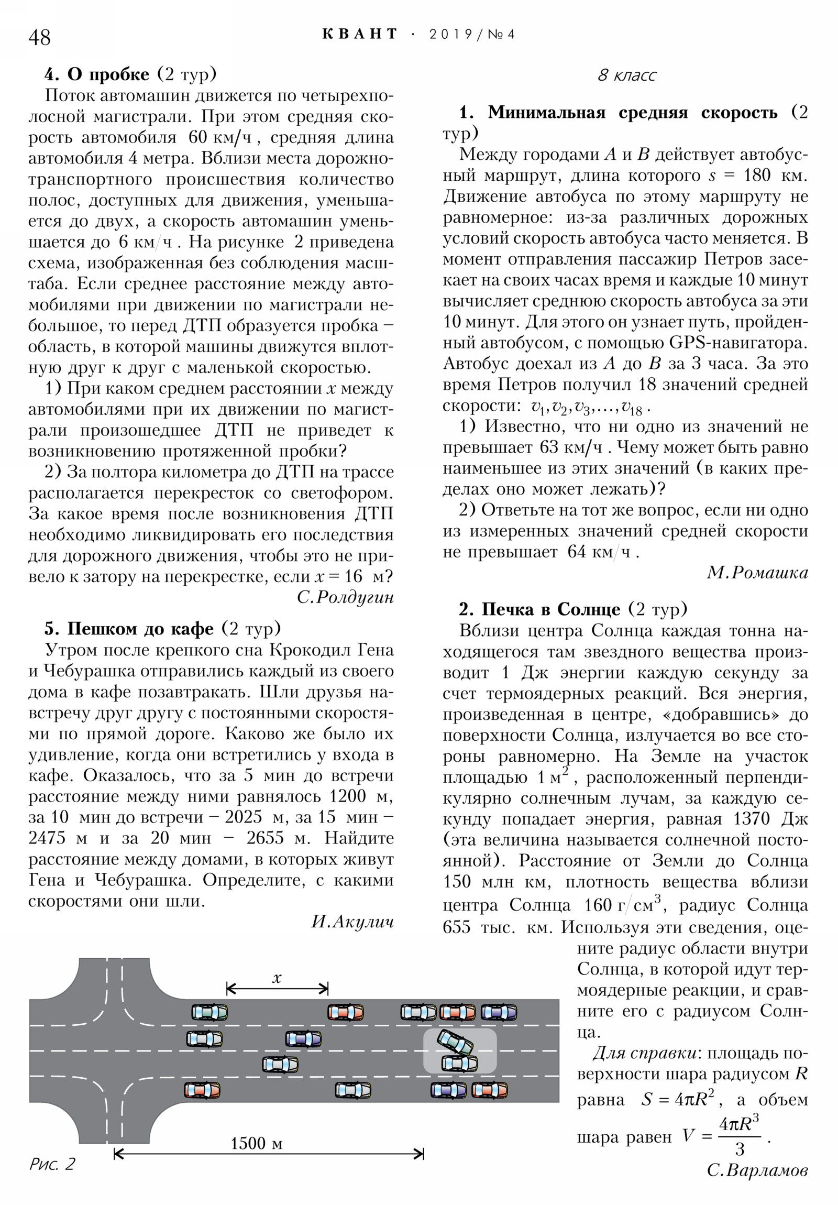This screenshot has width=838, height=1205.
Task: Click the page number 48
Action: (39, 38)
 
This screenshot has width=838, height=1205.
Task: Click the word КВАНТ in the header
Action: (360, 34)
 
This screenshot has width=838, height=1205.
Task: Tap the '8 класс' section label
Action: (626, 75)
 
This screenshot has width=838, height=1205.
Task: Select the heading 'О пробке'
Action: (108, 74)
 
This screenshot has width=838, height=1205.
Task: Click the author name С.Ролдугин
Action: (345, 597)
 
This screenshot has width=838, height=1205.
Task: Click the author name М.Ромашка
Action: (757, 573)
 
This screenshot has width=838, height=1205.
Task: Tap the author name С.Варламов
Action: (757, 1170)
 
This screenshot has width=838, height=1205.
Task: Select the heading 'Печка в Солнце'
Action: (550, 609)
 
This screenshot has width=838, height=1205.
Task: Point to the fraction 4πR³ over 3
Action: (739, 1137)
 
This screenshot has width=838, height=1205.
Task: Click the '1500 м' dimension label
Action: (257, 1143)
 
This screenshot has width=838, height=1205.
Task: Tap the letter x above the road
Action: (277, 978)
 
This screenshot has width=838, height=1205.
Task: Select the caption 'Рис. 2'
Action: (52, 1164)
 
